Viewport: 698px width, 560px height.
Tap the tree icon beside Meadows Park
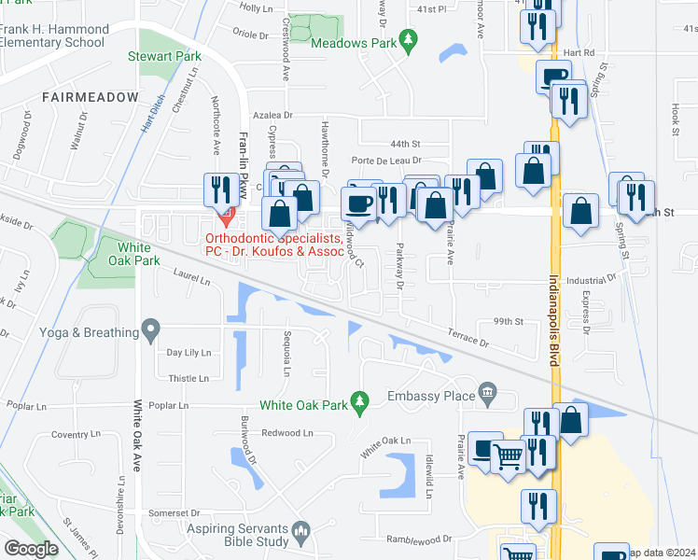(x=407, y=40)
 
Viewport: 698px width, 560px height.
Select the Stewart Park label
(x=164, y=57)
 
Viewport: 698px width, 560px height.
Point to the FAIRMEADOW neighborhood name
(x=90, y=97)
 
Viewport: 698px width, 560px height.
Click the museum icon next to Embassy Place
(x=486, y=391)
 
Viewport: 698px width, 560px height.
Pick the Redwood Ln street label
(x=287, y=433)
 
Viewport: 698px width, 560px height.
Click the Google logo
(x=31, y=549)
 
